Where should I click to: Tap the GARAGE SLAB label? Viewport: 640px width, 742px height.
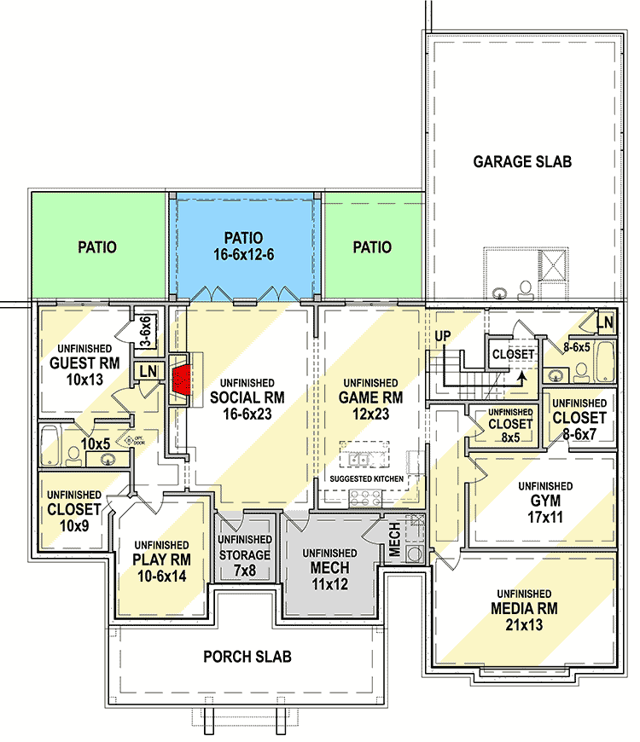(522, 161)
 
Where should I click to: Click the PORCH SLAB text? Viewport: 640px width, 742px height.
(247, 656)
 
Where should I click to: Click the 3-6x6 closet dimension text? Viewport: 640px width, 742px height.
(145, 332)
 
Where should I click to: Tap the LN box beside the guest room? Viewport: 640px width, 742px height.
(148, 370)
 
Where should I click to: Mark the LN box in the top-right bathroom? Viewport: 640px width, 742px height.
(604, 322)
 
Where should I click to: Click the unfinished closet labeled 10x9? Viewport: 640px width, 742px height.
(74, 509)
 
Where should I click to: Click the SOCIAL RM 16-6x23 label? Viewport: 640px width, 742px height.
(247, 404)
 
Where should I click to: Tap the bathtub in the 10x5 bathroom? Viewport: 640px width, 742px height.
(48, 443)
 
